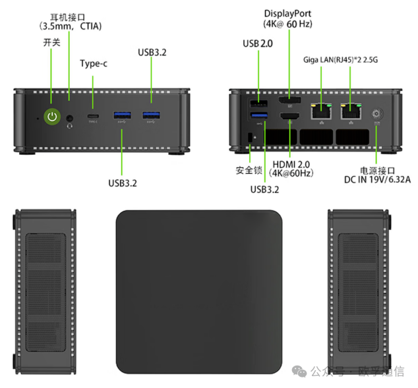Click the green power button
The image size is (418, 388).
tap(52, 117)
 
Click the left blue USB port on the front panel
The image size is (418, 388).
tap(123, 117)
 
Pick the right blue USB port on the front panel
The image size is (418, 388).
tap(151, 117)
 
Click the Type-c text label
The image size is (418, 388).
tap(94, 64)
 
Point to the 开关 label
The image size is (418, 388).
tap(51, 42)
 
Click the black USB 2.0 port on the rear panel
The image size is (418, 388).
tap(258, 104)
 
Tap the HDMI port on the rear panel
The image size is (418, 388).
tap(289, 117)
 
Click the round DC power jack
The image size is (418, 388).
tap(378, 113)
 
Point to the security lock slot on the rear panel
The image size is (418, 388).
tap(249, 137)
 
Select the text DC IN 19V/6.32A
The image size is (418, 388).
tap(376, 179)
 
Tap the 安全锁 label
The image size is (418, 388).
tap(249, 171)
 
